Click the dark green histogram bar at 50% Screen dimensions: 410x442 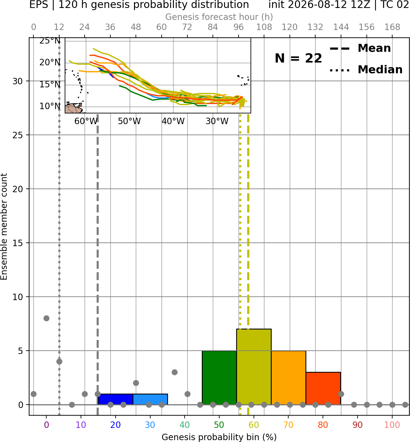tap(219, 378)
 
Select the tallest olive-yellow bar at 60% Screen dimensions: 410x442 tap(254, 367)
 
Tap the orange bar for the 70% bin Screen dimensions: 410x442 tap(289, 378)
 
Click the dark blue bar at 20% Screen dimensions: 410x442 tap(116, 399)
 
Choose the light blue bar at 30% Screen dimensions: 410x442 tap(150, 399)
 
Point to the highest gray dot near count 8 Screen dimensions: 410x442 tap(46, 318)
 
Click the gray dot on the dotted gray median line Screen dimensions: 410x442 tap(59, 361)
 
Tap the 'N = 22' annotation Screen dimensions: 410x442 tap(298, 58)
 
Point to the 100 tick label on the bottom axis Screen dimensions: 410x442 tap(392, 425)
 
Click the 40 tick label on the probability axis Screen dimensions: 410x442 tap(185, 425)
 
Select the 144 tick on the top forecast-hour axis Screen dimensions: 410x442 tap(341, 27)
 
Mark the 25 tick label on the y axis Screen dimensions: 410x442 tap(18, 135)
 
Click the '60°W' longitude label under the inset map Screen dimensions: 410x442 tap(86, 121)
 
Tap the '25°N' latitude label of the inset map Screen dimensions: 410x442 tap(50, 41)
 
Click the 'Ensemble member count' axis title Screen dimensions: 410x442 tap(4, 227)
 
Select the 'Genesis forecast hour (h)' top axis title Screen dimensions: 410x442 tap(219, 17)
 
